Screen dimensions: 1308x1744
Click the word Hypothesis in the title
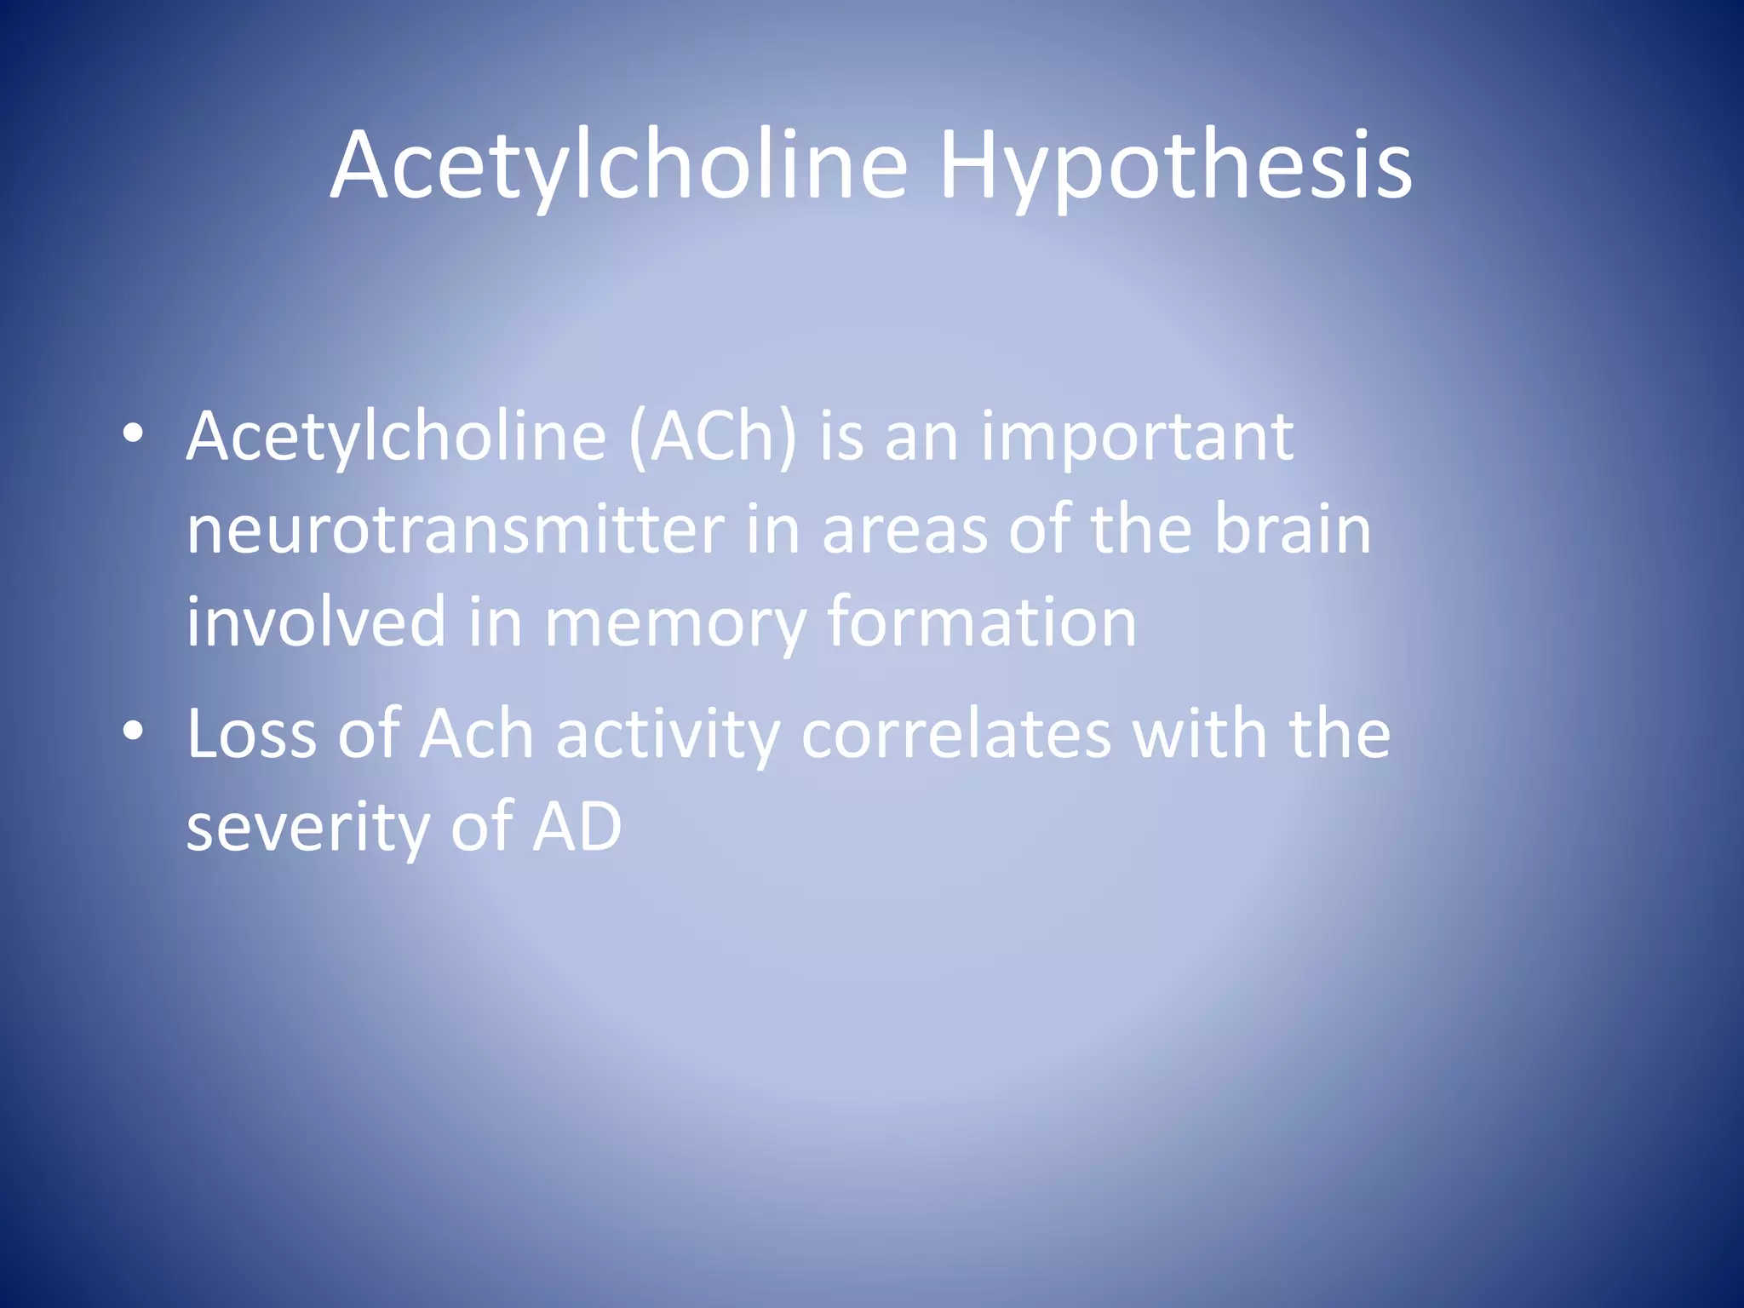pos(1175,166)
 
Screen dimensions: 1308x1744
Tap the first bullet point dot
pos(133,434)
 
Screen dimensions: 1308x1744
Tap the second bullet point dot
pos(133,731)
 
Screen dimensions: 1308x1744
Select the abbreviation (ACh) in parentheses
pos(713,437)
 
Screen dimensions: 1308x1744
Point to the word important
pos(1137,437)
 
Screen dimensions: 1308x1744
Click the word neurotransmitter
pos(456,530)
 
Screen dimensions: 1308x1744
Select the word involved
pos(316,622)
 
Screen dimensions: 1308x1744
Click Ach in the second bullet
pos(477,734)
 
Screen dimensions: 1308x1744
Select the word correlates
pos(956,734)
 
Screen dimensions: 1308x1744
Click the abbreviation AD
pos(577,826)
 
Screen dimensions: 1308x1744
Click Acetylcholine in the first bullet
pos(396,437)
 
